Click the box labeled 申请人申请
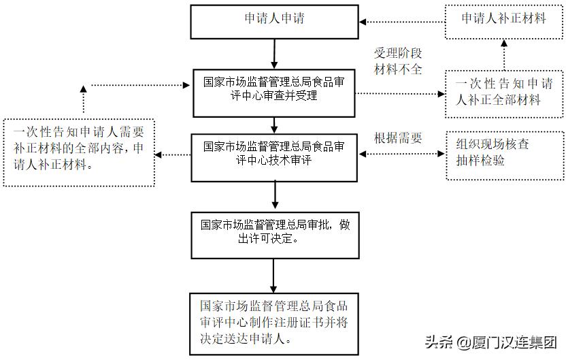click(x=274, y=21)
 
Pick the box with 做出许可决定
click(x=274, y=234)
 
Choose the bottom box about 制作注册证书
click(x=274, y=323)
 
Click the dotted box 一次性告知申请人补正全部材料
click(x=504, y=93)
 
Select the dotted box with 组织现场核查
click(x=504, y=155)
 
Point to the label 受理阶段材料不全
click(x=398, y=61)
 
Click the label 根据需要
click(x=398, y=138)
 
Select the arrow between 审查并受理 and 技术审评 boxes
click(x=274, y=125)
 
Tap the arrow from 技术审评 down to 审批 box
click(x=274, y=195)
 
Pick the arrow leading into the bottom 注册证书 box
click(x=274, y=276)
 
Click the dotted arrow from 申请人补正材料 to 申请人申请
click(x=401, y=21)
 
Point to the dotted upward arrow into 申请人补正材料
click(x=504, y=54)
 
